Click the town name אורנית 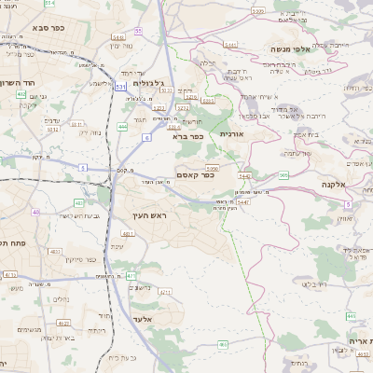(x=230, y=134)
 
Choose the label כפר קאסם (x=195, y=173)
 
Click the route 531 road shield (x=121, y=85)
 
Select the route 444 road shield (x=123, y=126)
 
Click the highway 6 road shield (x=146, y=137)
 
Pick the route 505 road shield (x=283, y=174)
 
